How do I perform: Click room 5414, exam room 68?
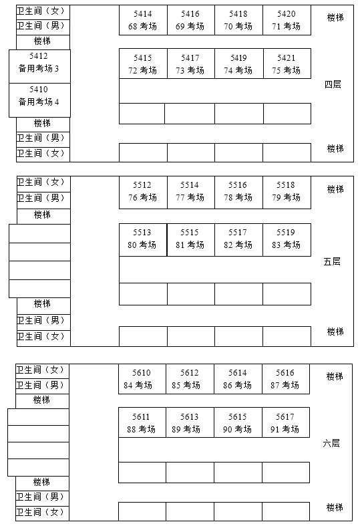143,20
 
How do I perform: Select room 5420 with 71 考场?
287,20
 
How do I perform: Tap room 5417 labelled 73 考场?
190,64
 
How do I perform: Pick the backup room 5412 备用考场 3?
39,63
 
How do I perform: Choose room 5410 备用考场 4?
39,96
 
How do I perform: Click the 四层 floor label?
333,85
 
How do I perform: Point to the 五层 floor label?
332,261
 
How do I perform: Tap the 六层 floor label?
331,443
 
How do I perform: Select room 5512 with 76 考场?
143,191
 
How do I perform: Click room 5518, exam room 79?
287,191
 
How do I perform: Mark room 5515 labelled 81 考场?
190,239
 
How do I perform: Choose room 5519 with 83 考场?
287,239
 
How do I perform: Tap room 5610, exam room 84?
142,379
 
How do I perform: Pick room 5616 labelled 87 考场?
285,379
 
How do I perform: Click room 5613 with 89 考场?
190,423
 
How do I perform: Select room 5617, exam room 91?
285,423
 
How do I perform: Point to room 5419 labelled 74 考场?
238,64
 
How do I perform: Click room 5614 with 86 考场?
238,379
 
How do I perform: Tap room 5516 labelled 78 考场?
238,191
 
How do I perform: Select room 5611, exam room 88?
142,423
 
